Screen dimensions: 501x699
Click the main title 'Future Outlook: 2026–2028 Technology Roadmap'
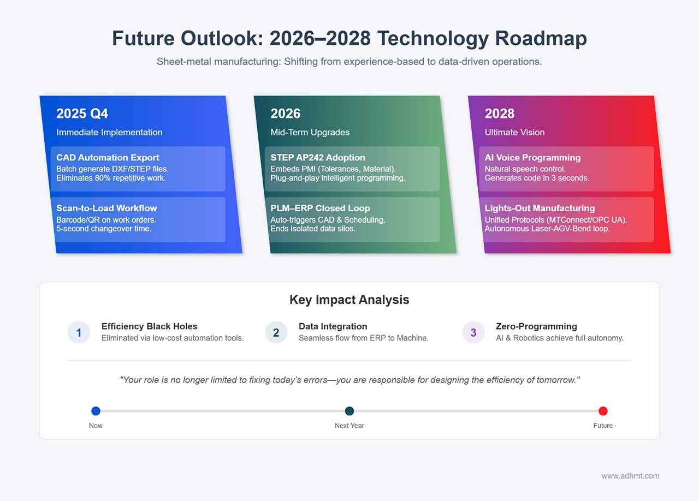[349, 39]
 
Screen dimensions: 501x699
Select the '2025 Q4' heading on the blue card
[82, 114]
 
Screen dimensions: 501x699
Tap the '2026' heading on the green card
[286, 114]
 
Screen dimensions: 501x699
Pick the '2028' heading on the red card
[500, 114]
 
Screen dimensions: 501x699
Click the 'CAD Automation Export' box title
[108, 158]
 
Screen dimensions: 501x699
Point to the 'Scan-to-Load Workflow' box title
[106, 208]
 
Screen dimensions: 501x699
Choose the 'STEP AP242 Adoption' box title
[318, 158]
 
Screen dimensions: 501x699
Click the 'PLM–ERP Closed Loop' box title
[320, 208]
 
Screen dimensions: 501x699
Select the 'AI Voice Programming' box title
[532, 158]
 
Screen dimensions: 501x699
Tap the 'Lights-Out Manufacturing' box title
[540, 208]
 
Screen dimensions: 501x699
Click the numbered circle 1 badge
[79, 332]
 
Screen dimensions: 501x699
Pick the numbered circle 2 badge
[276, 332]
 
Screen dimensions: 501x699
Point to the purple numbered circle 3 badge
[473, 332]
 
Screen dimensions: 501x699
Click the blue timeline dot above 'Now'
[96, 411]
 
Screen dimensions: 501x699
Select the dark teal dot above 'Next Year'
[349, 411]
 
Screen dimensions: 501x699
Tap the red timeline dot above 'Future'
[603, 411]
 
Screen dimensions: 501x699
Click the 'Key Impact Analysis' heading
[349, 300]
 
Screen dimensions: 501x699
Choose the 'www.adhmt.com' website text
[630, 476]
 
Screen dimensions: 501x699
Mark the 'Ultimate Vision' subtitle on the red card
[514, 132]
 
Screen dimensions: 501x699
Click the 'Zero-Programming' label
[536, 326]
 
